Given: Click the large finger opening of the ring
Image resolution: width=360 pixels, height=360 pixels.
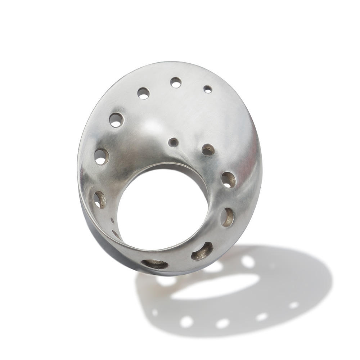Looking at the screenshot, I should click(162, 209).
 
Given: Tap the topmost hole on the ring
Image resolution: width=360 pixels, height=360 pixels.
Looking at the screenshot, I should click(176, 82).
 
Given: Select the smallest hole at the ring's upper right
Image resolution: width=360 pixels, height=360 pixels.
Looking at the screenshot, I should click(208, 89).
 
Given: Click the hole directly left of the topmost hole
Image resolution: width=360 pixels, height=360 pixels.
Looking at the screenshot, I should click(143, 93).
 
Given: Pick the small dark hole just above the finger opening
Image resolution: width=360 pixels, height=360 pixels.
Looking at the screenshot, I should click(173, 142).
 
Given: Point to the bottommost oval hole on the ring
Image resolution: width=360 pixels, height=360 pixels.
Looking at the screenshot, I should click(155, 264).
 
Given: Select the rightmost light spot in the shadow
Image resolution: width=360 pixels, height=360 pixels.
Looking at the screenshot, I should click(294, 305).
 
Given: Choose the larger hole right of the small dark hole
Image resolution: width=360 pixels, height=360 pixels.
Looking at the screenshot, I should click(208, 149).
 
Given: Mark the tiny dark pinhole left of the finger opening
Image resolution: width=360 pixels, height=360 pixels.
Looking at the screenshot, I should click(112, 220).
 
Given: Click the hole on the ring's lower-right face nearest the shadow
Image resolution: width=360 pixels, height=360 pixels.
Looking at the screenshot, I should click(202, 251).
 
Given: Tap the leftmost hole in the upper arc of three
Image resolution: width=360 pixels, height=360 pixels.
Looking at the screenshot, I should click(116, 120).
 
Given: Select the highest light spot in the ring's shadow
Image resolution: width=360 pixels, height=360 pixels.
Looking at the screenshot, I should click(248, 261).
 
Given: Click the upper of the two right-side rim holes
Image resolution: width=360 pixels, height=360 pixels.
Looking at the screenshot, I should click(228, 180).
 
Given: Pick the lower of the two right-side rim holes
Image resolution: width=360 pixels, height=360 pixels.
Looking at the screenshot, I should click(227, 217).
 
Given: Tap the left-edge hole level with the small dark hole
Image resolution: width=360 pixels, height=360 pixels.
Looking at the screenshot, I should click(101, 157).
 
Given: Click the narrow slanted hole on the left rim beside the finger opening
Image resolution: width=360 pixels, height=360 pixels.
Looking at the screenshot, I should click(99, 200).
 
